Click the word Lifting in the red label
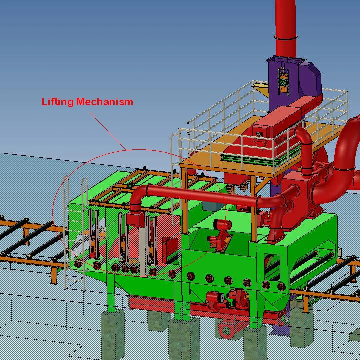click(x=57, y=102)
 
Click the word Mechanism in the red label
click(x=105, y=101)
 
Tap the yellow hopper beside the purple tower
click(x=261, y=89)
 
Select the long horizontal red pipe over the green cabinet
click(x=202, y=194)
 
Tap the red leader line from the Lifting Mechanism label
click(x=108, y=131)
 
